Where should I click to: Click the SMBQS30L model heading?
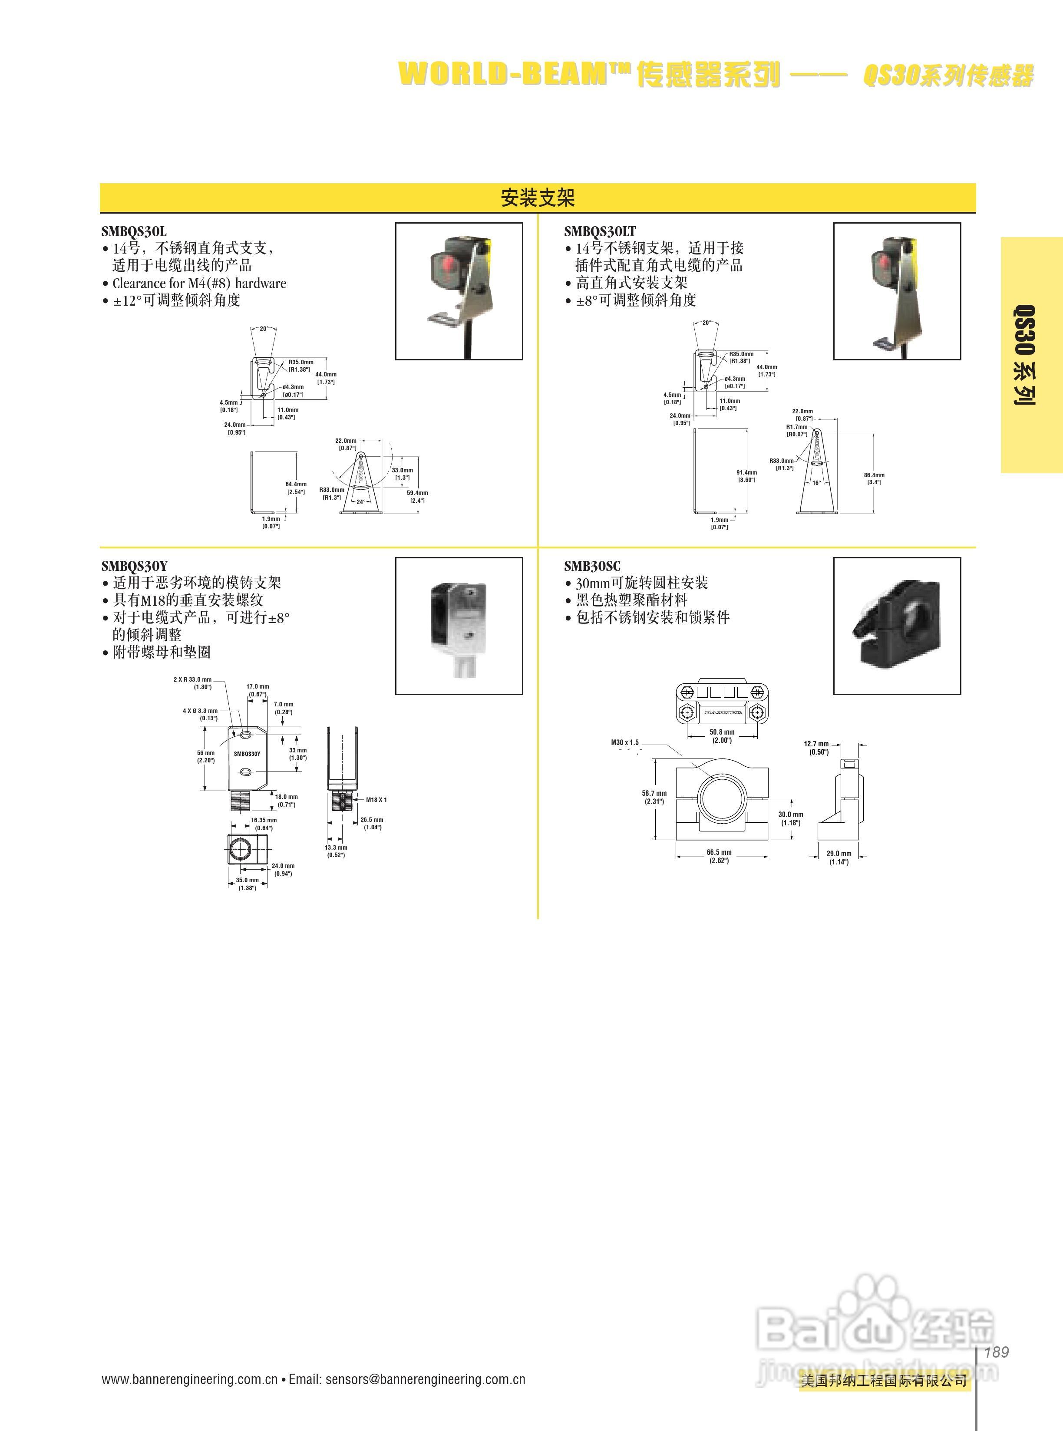134,231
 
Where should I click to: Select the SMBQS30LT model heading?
600,231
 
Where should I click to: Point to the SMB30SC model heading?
592,566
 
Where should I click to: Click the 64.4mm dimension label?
296,488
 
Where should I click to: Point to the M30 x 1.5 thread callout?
625,742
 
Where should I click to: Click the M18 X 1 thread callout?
376,800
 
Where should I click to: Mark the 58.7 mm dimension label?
654,797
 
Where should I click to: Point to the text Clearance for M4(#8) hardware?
199,283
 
